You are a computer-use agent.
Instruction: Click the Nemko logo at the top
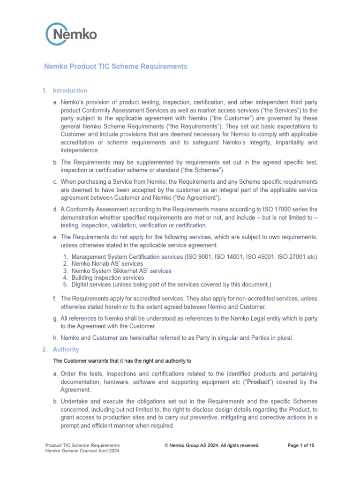pyautogui.click(x=71, y=34)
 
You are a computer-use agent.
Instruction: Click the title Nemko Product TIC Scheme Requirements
pyautogui.click(x=115, y=67)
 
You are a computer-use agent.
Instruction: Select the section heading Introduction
pyautogui.click(x=70, y=90)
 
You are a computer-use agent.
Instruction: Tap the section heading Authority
pyautogui.click(x=66, y=350)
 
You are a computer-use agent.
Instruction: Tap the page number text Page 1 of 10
pyautogui.click(x=300, y=445)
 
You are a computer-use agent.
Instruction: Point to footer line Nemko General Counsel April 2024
pyautogui.click(x=82, y=451)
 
